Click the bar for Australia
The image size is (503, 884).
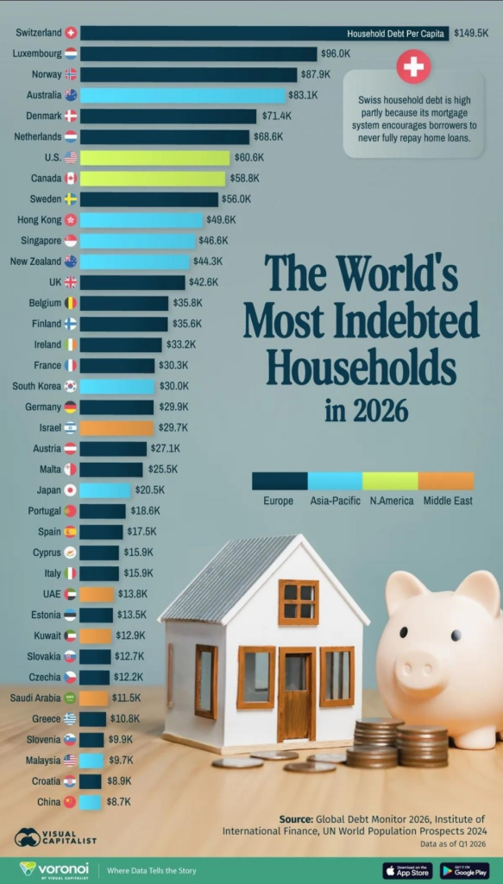pos(183,95)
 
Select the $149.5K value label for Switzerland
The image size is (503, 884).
pos(471,34)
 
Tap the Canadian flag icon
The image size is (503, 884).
pos(71,178)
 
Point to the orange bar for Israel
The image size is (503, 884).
pos(116,428)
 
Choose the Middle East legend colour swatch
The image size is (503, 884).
pos(446,481)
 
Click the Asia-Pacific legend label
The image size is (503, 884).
pos(335,501)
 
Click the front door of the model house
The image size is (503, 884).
pos(297,694)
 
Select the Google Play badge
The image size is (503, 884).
pos(465,870)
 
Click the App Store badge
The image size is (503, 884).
pos(408,870)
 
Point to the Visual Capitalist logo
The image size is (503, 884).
pos(55,837)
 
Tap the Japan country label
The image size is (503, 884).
pos(48,490)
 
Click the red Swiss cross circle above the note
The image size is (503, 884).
pos(413,66)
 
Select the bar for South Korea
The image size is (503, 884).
pos(117,386)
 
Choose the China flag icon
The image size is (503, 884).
pos(70,802)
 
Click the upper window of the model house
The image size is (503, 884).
pos(299,602)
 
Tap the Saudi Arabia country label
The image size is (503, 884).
pos(35,698)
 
